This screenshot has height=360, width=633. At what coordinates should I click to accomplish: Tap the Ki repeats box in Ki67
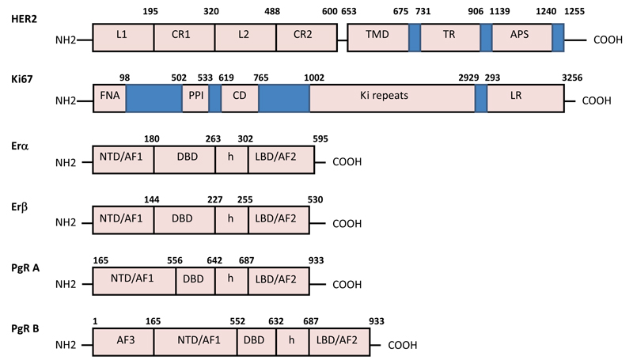point(392,100)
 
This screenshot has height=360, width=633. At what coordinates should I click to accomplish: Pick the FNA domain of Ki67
point(109,100)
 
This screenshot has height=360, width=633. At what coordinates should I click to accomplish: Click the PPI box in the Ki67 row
point(195,100)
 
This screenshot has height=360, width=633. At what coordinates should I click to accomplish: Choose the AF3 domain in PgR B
point(123,345)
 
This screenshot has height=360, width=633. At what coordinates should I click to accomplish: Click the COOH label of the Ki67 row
point(598,101)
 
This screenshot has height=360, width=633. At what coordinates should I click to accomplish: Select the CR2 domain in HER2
point(305,37)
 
